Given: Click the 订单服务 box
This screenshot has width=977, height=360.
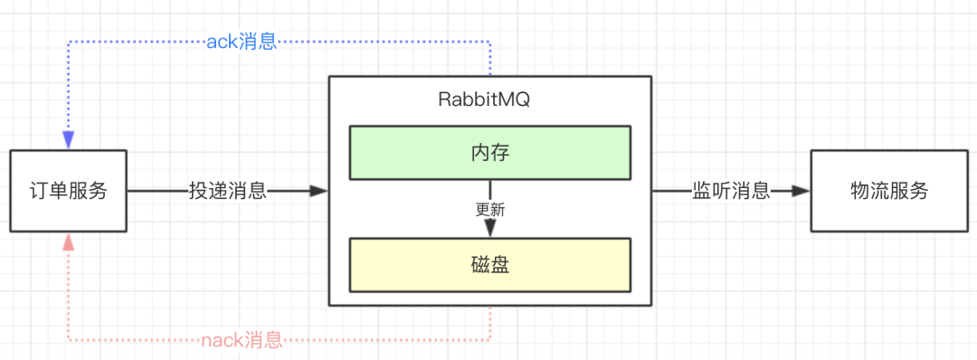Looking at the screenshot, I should (69, 191).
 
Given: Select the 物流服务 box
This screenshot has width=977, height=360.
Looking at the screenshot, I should (889, 191).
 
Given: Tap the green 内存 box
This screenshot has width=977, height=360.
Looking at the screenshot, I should (490, 153).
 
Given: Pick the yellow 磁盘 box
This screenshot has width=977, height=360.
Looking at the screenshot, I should (490, 265).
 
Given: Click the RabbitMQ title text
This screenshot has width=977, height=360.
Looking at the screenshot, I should (490, 100).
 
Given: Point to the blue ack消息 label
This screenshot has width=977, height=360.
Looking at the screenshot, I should (242, 42).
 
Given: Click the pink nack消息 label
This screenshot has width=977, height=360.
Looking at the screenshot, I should (242, 341).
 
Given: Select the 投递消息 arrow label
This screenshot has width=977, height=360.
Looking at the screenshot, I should (227, 191).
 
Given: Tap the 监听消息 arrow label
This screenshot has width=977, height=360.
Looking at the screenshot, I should (731, 191).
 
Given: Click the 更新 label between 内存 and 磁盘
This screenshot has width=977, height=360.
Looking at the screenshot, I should (490, 209).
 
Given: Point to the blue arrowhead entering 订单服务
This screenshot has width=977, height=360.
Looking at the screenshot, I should (69, 141).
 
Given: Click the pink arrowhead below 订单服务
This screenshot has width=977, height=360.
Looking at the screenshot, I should (69, 241).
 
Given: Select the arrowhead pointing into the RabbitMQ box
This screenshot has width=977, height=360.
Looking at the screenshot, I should (318, 191).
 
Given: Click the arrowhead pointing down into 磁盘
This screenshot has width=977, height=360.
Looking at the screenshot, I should (490, 230).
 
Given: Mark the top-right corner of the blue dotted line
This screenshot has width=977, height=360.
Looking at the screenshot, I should (490, 42).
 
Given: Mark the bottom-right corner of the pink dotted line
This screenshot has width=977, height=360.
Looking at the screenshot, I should (490, 341).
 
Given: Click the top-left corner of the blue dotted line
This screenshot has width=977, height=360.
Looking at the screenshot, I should (69, 42).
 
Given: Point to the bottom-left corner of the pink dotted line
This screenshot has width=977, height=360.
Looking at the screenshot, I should (69, 341).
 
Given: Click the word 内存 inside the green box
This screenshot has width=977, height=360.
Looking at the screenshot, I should (490, 153).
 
